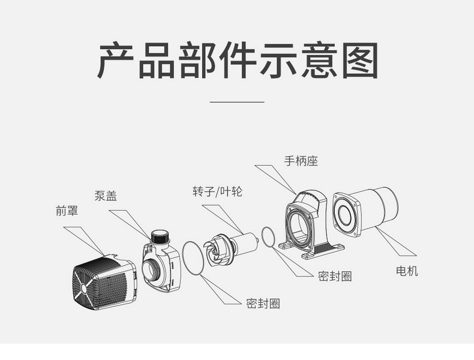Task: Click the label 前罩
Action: coord(67,211)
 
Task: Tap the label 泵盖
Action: coord(106,196)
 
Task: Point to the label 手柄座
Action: coord(301,161)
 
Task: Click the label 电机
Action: coord(407,271)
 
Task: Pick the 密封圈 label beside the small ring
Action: coord(335,276)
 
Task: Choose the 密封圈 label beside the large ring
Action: coord(263,304)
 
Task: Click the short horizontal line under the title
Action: coord(237,102)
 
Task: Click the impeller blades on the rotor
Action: coord(217,250)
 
